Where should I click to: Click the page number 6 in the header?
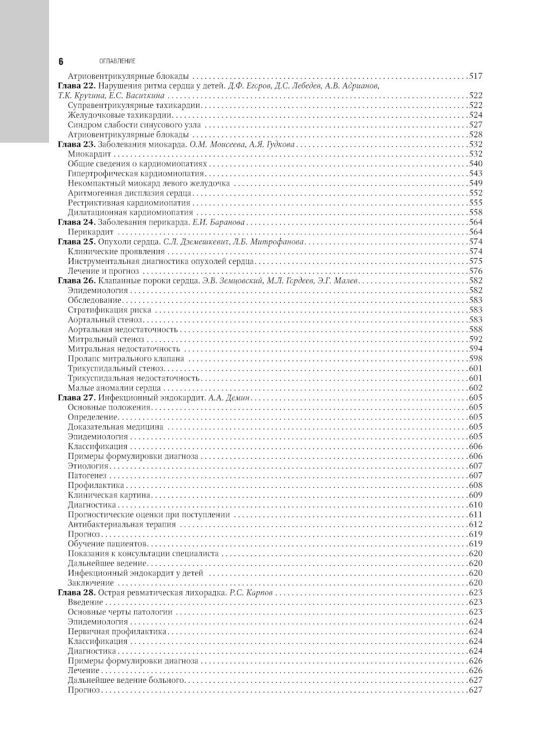coord(61,61)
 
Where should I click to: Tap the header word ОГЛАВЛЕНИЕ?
coord(117,62)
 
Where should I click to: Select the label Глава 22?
coord(76,86)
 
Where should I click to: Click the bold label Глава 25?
coord(76,242)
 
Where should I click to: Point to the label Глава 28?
coord(76,593)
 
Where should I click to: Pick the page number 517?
coord(475,76)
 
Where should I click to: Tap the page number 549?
coord(475,184)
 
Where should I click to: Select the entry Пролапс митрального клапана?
coord(126,359)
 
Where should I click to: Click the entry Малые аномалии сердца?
coord(114,388)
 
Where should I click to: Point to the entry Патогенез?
coord(87,476)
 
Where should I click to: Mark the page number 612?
coord(475,525)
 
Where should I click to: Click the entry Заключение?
coord(91,583)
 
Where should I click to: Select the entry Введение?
coord(85,602)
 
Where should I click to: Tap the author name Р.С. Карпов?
coord(251,593)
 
